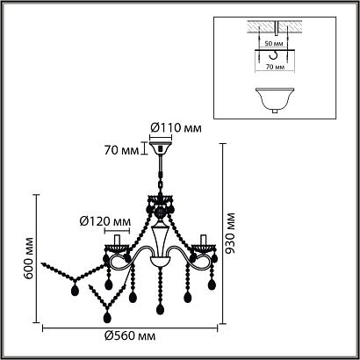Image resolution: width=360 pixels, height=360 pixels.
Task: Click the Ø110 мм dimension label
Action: [x=176, y=128]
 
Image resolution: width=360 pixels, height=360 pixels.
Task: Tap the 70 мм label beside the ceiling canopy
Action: [x=121, y=150]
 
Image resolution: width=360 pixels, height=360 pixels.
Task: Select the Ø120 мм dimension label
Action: [x=105, y=222]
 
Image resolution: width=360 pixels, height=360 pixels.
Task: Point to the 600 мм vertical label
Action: [x=28, y=258]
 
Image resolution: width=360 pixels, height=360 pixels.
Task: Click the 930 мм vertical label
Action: [x=231, y=233]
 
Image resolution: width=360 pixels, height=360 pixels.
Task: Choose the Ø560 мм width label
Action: [x=130, y=336]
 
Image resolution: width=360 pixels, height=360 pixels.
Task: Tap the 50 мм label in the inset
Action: [x=274, y=44]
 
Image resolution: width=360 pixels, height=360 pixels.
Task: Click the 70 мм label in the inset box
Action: [x=276, y=67]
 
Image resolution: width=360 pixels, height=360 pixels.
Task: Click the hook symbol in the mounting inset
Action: [x=274, y=55]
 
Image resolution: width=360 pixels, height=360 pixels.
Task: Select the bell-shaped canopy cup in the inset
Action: [x=275, y=99]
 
